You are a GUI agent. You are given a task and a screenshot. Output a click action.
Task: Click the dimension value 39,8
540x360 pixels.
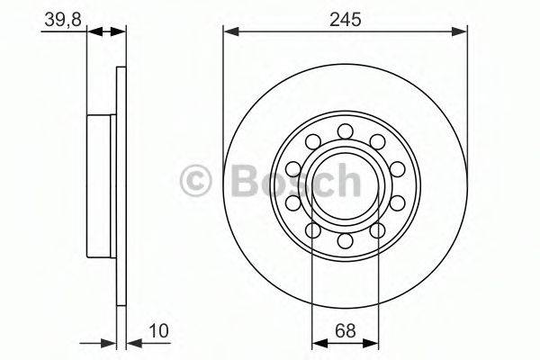(x=63, y=20)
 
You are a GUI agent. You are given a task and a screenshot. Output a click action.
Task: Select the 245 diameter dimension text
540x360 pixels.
(x=345, y=19)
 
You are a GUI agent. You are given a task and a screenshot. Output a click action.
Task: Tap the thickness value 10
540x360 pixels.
(x=158, y=330)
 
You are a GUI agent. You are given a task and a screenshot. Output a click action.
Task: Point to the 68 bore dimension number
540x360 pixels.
(x=346, y=331)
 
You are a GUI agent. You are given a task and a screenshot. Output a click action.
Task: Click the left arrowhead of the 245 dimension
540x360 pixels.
(x=230, y=32)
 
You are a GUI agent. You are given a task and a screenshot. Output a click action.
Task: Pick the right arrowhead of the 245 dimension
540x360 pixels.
(x=459, y=32)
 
